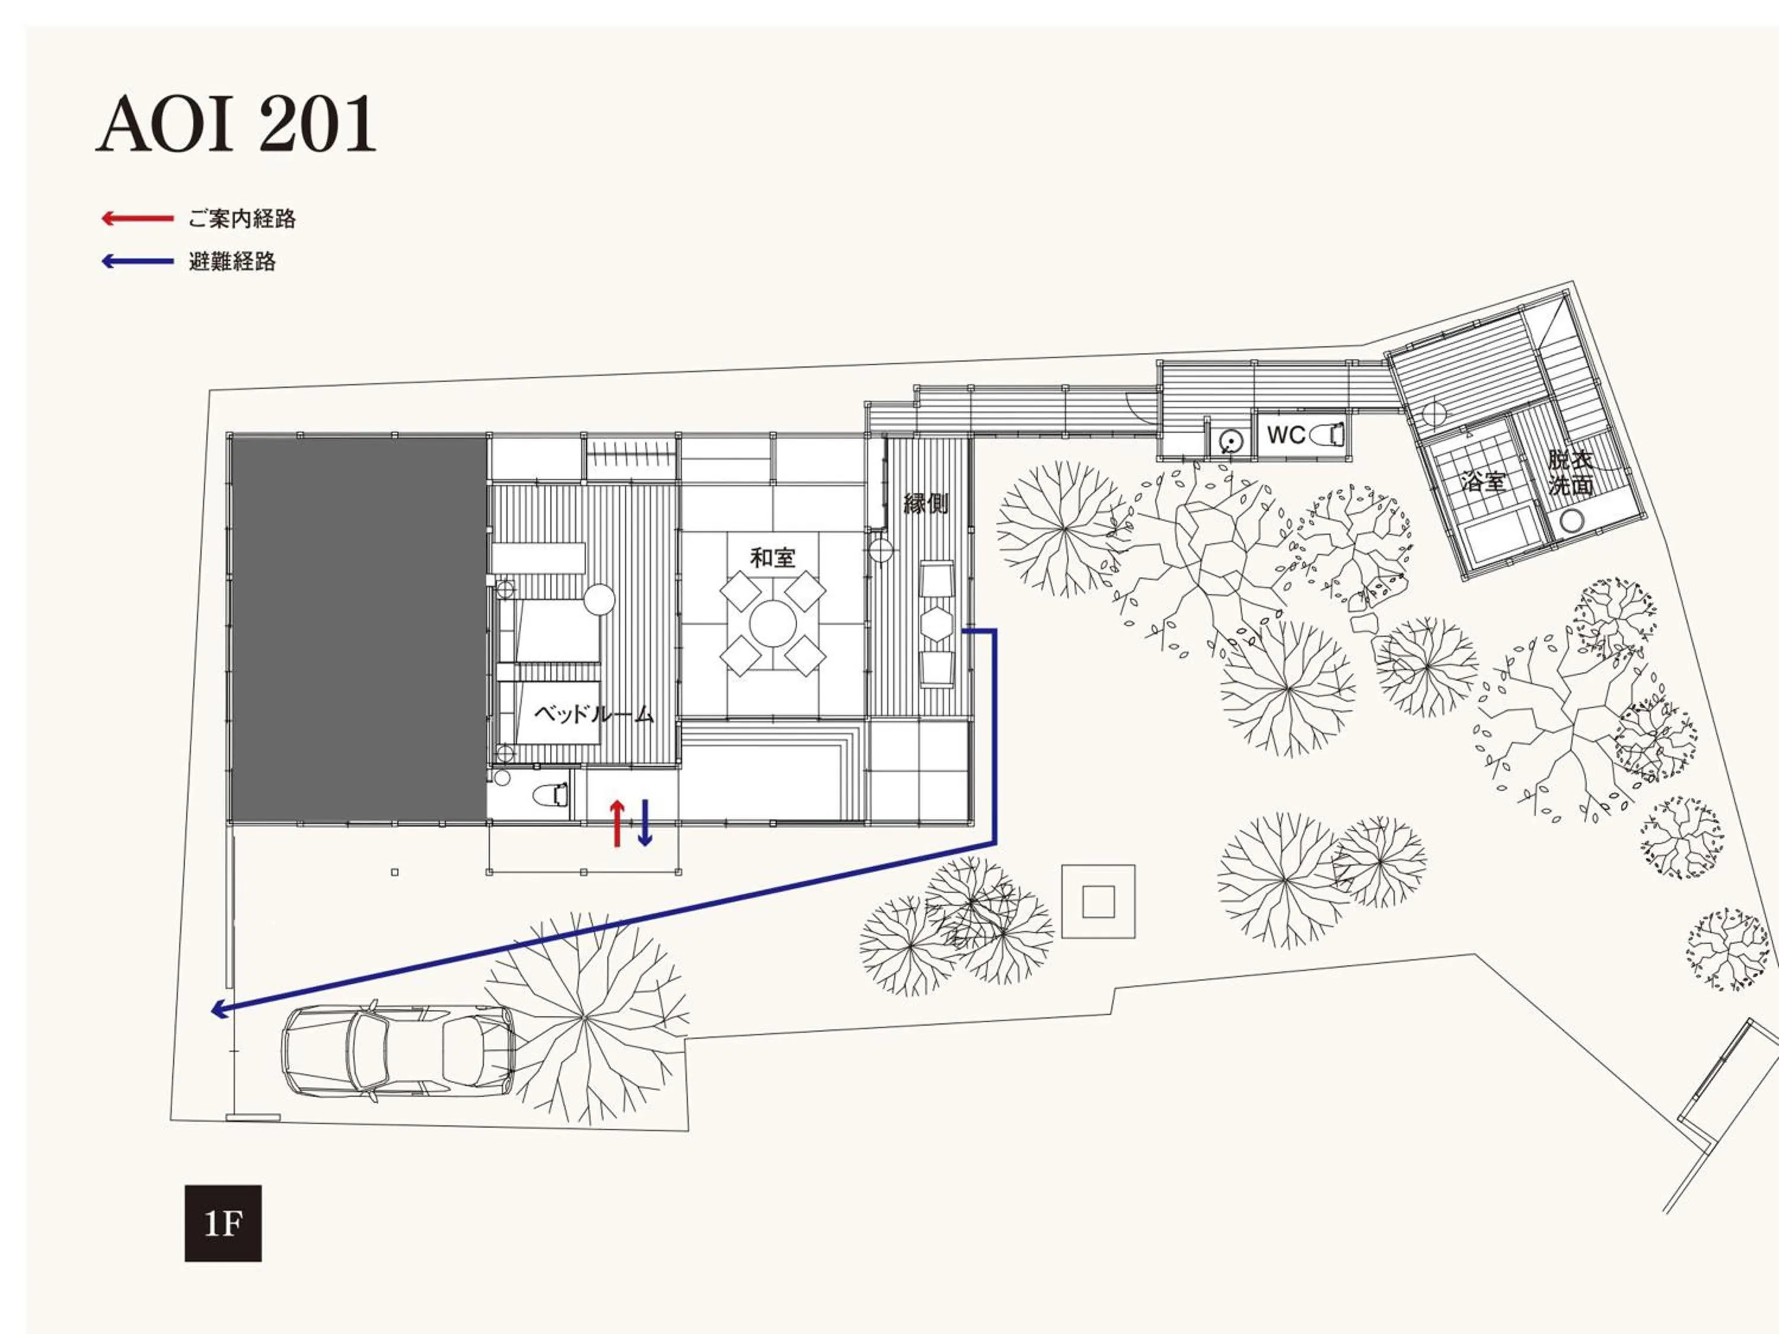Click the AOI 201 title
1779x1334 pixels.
[x=235, y=124]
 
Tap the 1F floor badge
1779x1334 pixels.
[x=223, y=1223]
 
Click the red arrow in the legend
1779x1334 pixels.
[x=138, y=218]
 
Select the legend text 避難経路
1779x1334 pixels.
[x=232, y=261]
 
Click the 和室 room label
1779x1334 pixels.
[x=772, y=557]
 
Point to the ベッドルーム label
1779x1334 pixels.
[x=594, y=714]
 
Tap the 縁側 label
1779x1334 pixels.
[x=925, y=504]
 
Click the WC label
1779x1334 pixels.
[x=1285, y=435]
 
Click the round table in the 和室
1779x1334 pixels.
[x=772, y=624]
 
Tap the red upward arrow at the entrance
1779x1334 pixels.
[x=617, y=822]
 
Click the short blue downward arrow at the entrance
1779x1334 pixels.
[x=644, y=822]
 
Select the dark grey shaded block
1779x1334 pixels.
[x=358, y=628]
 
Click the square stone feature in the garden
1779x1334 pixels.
[x=1098, y=901]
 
